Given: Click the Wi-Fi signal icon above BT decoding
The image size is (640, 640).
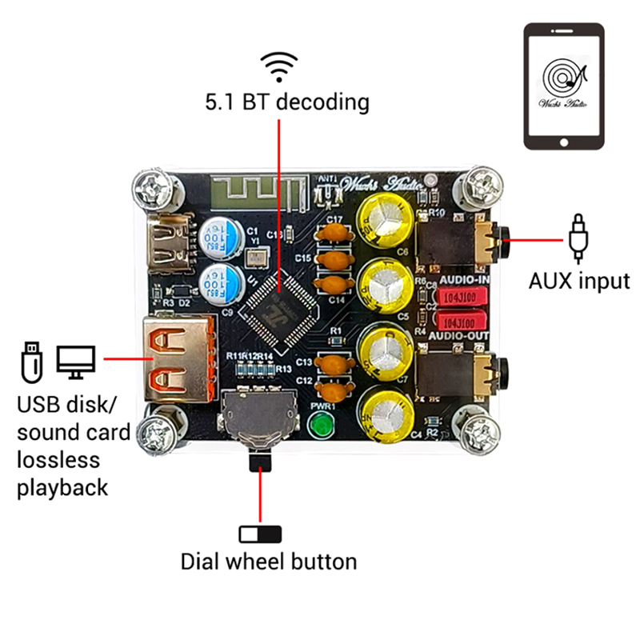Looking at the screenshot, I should point(281,68).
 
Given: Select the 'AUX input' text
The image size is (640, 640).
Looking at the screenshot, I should point(579,281).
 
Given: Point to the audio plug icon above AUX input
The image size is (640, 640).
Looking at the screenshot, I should point(578,238).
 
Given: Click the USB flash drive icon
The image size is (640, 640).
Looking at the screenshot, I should point(30,361).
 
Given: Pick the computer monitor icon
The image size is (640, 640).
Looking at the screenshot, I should point(76,362).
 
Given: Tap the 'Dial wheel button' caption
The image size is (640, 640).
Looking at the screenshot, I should point(268,561).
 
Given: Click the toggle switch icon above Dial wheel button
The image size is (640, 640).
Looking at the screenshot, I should point(261,534).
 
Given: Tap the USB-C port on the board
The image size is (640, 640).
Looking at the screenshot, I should point(169,242).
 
